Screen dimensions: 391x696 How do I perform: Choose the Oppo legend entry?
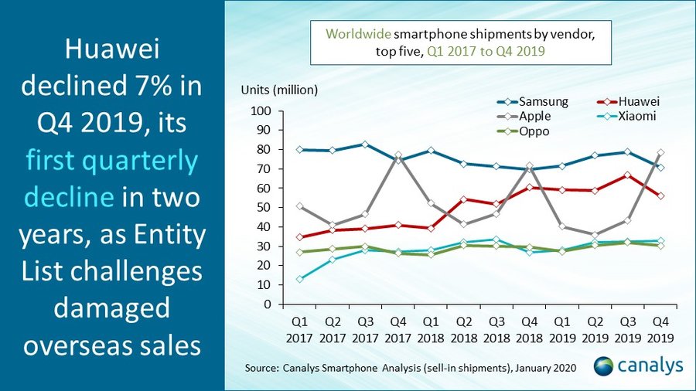coord(534,131)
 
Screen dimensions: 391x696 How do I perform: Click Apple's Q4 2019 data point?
coord(660,153)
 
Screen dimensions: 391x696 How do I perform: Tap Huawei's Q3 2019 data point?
coord(628,175)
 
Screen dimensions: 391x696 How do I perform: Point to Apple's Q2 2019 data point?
coord(595,235)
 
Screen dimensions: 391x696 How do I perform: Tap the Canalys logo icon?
coord(603,365)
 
